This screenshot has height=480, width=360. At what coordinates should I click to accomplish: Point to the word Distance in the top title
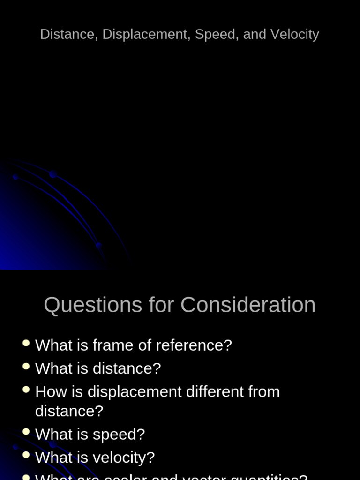click(67, 34)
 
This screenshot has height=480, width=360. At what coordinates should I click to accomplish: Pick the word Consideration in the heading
click(248, 305)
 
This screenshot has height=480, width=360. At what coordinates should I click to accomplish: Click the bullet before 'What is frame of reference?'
click(26, 343)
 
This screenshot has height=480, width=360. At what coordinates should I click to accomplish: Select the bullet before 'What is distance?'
click(26, 367)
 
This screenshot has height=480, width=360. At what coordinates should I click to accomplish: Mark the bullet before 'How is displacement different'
click(26, 390)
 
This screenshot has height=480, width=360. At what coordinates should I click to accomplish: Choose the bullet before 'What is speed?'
click(26, 432)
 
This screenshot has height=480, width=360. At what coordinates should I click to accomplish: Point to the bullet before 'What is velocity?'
click(26, 455)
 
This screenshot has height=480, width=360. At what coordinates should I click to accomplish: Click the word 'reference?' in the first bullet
click(194, 345)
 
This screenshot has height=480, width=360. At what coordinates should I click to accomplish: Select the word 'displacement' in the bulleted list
click(135, 392)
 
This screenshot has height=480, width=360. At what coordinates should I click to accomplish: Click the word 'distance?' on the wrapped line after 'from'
click(69, 411)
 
